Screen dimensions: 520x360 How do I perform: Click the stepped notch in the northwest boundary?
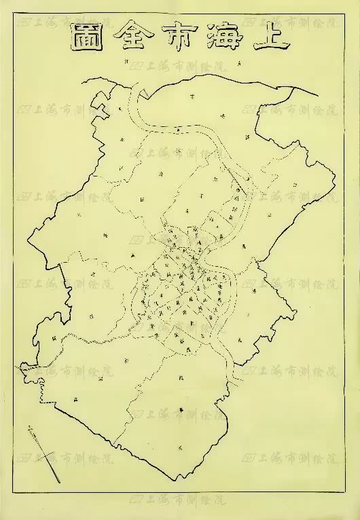click(x=102, y=105)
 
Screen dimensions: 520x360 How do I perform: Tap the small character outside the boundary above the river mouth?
click(x=127, y=62)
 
